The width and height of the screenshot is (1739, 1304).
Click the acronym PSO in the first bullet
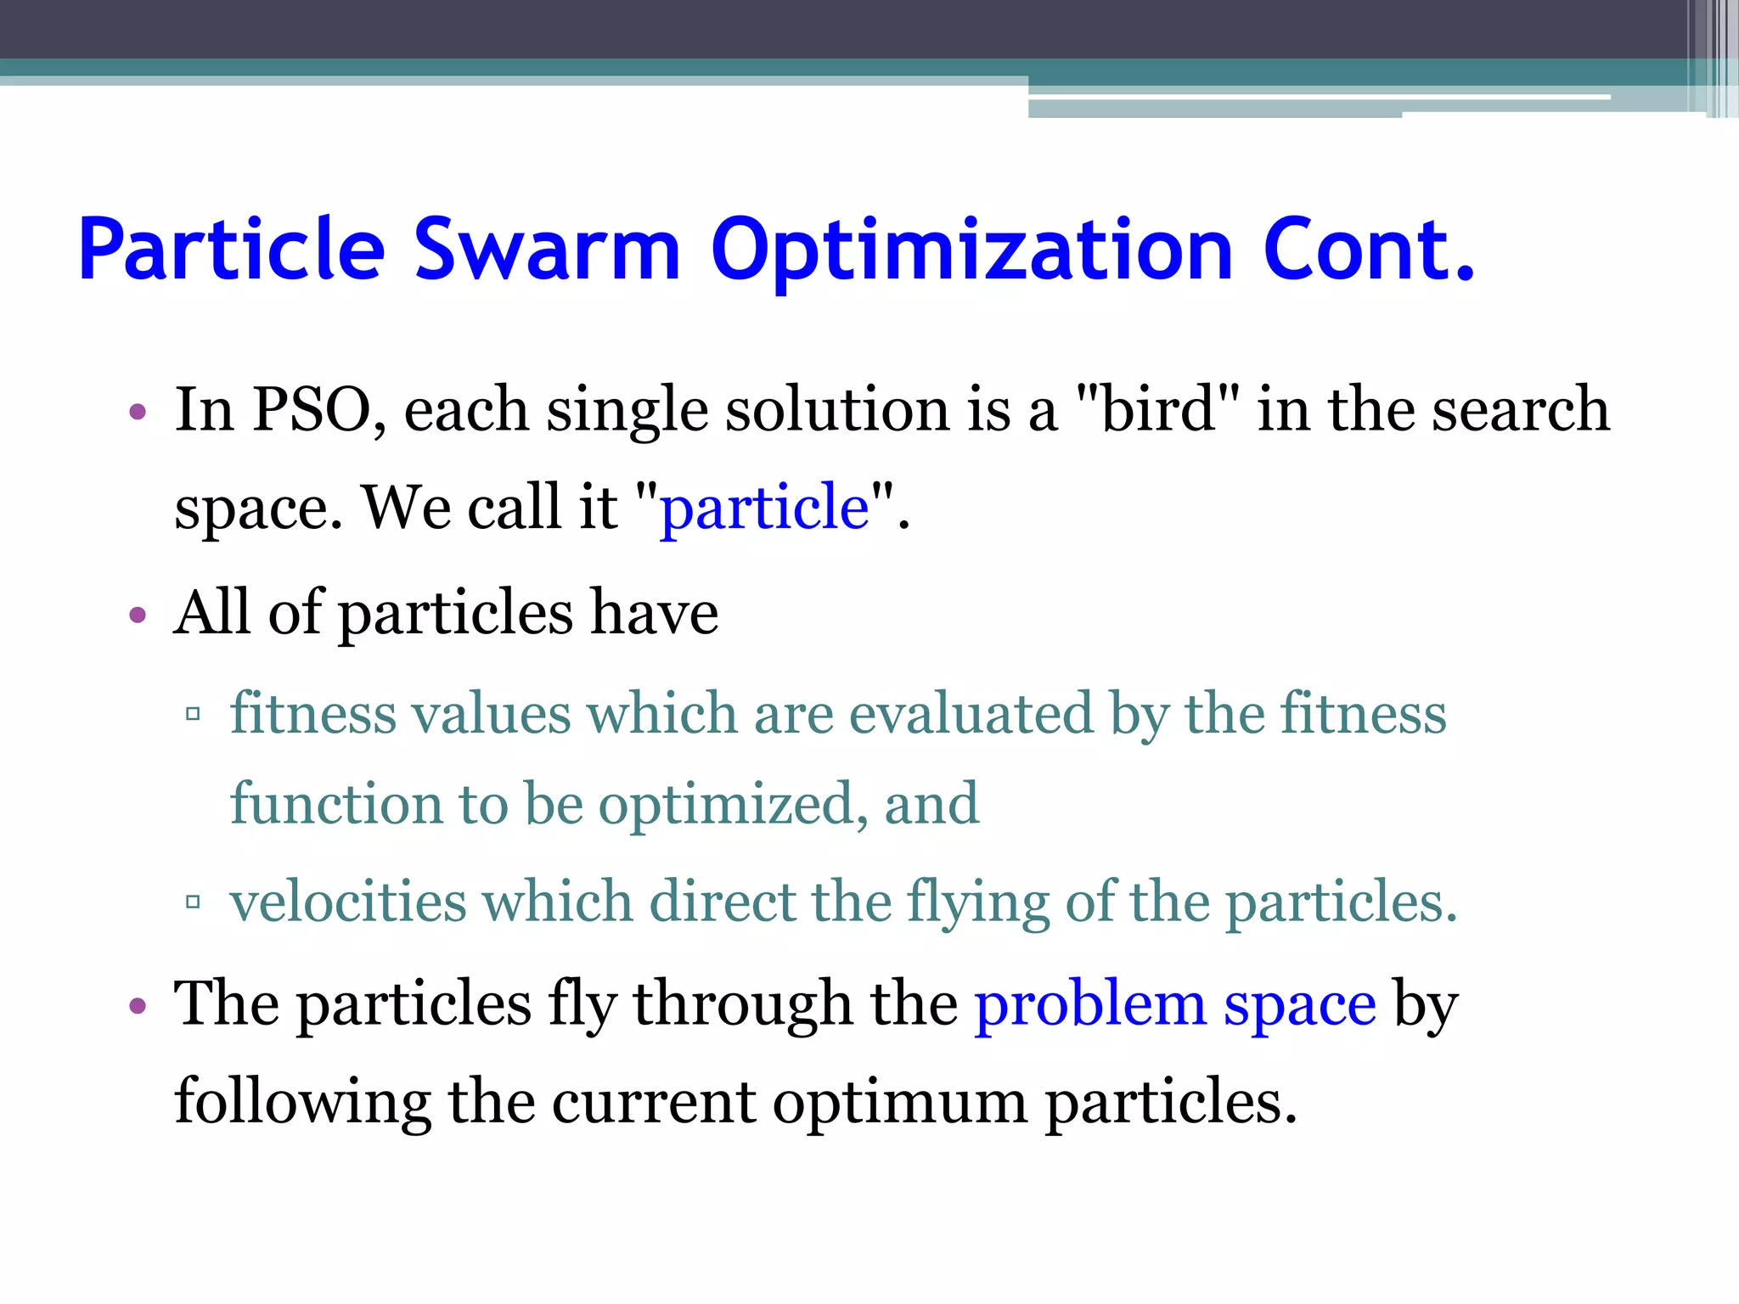[312, 410]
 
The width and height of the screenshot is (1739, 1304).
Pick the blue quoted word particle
[764, 509]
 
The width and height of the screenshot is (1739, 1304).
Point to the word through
[741, 1006]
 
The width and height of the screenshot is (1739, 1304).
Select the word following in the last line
[302, 1104]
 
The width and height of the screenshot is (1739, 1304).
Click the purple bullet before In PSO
[138, 414]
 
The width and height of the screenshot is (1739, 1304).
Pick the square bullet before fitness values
[193, 714]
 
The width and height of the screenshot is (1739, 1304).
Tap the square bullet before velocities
[193, 902]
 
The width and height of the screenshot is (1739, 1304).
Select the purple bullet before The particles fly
[138, 1008]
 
